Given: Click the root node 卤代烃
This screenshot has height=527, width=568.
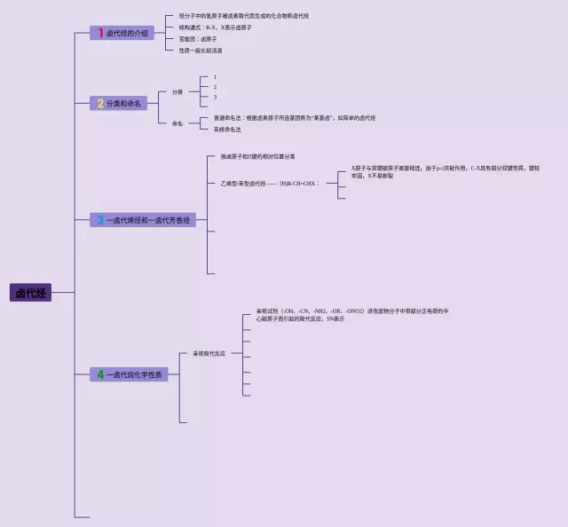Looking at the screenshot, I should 30,293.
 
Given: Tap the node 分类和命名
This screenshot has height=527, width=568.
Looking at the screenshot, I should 123,104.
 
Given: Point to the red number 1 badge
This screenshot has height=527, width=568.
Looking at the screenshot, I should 101,33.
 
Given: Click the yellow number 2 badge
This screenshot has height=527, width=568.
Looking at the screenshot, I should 100,104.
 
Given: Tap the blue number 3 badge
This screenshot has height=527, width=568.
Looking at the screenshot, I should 100,220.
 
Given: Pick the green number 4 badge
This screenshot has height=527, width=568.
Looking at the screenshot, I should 100,374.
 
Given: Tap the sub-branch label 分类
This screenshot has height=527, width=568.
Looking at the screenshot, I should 177,91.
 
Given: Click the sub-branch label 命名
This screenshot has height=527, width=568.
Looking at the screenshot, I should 177,123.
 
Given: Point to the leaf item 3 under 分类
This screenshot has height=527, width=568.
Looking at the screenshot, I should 215,97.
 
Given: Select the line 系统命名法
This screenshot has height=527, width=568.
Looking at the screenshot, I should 227,130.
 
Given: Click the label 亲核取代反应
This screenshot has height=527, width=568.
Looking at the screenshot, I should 209,353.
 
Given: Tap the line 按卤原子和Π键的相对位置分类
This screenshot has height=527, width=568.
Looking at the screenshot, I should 258,156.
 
